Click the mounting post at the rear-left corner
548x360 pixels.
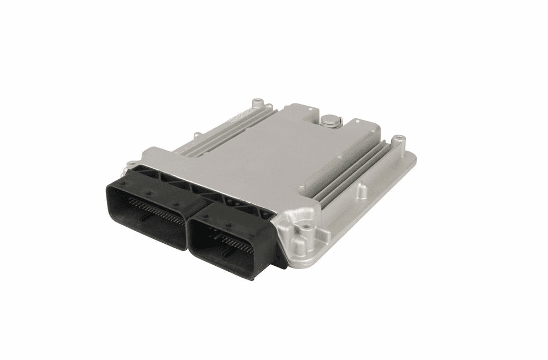click(256, 102)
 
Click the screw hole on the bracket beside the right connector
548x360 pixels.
click(301, 224)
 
